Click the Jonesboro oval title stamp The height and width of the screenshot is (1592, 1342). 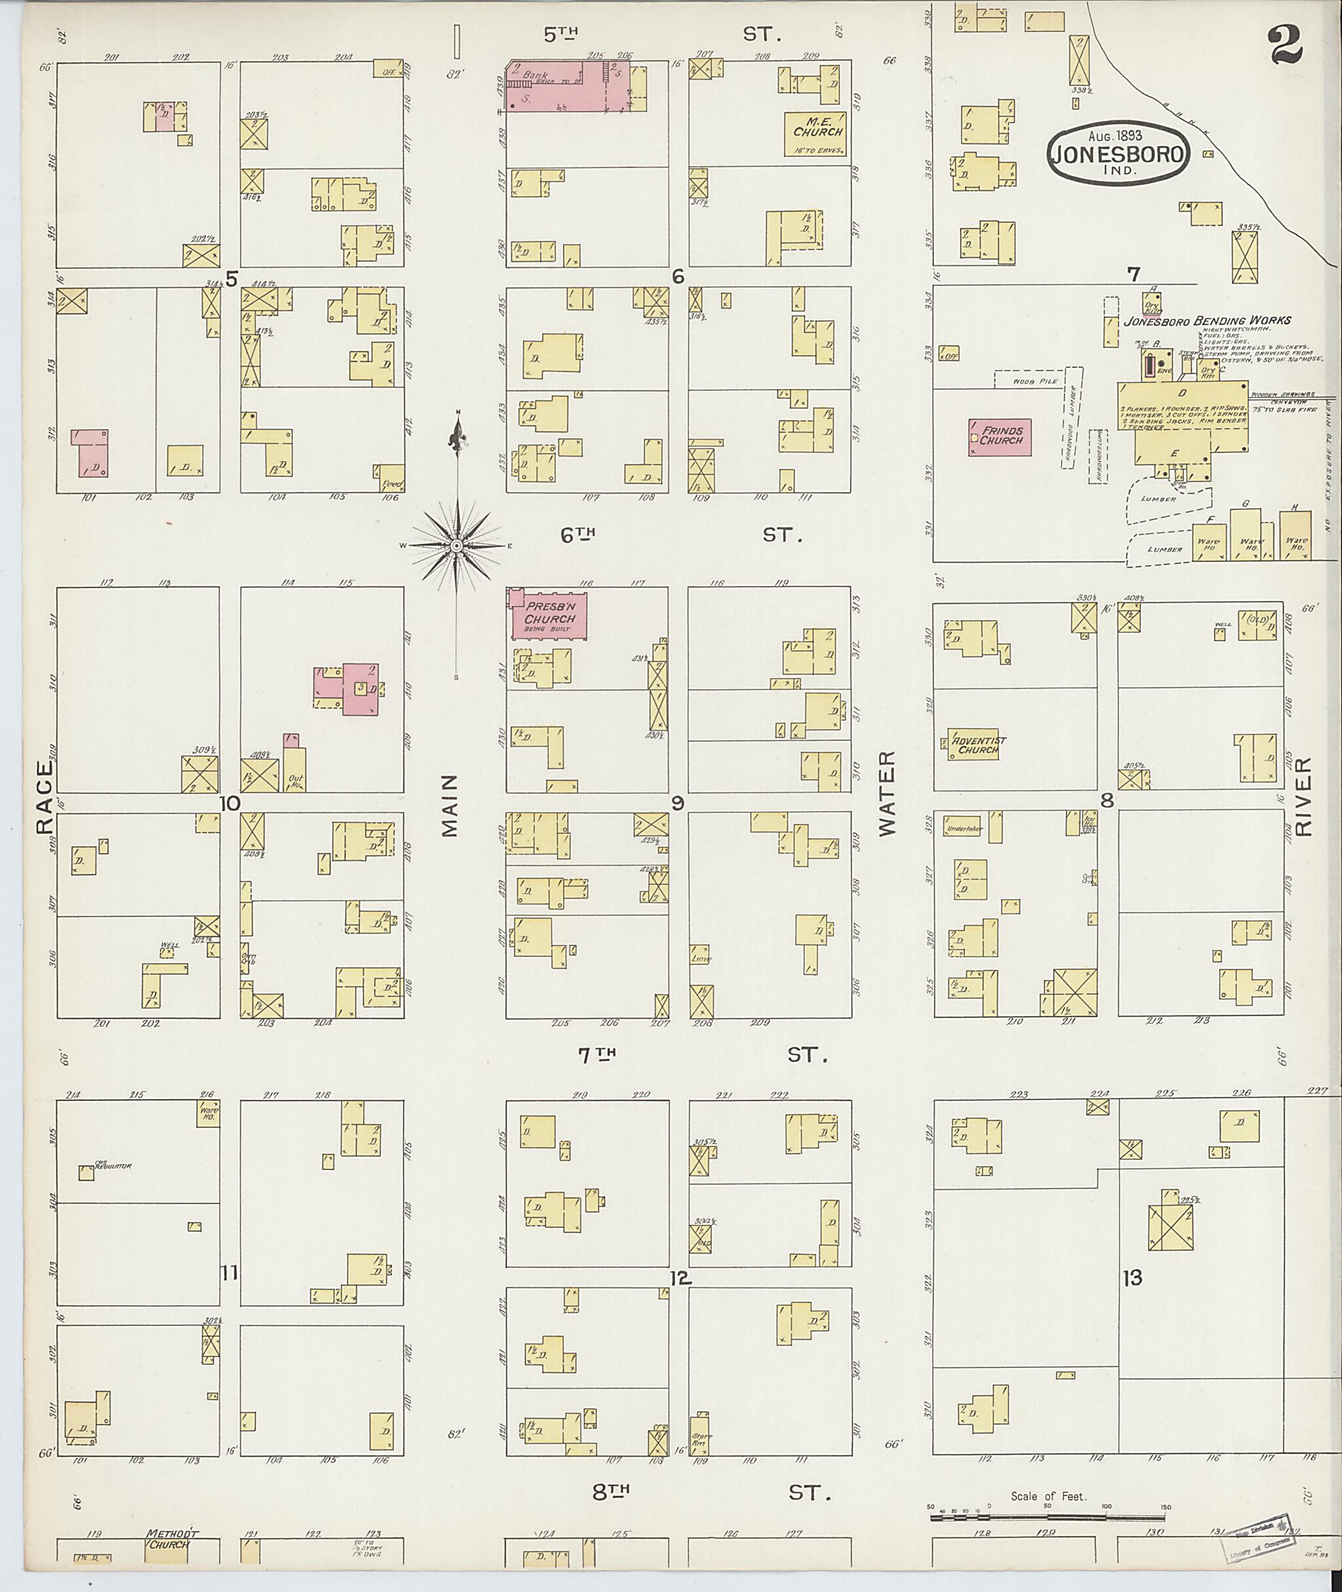point(1116,153)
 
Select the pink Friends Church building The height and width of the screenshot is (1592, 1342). point(1000,437)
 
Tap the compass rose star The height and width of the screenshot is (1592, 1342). point(457,546)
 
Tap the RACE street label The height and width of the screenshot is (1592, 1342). point(44,795)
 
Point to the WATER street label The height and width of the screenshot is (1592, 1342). point(888,793)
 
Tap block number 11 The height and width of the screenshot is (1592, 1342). point(229,1272)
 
